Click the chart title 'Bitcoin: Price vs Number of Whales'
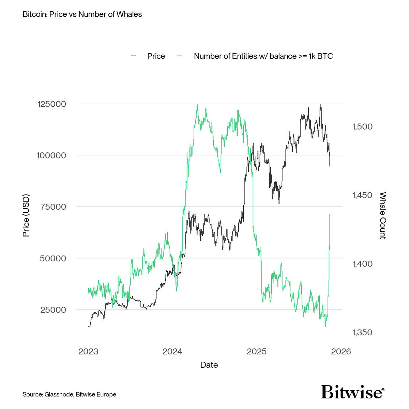click(82, 15)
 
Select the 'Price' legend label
click(156, 56)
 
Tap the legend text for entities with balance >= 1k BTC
click(263, 56)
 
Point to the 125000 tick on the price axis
click(51, 104)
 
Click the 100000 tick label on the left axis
click(51, 155)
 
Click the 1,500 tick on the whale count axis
click(361, 126)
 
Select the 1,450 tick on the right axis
click(361, 195)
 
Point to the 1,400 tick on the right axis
click(361, 264)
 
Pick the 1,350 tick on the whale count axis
click(361, 332)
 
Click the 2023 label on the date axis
click(88, 351)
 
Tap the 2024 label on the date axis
click(172, 351)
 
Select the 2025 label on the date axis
click(257, 351)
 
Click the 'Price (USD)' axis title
click(26, 215)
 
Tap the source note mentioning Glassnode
click(70, 394)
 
